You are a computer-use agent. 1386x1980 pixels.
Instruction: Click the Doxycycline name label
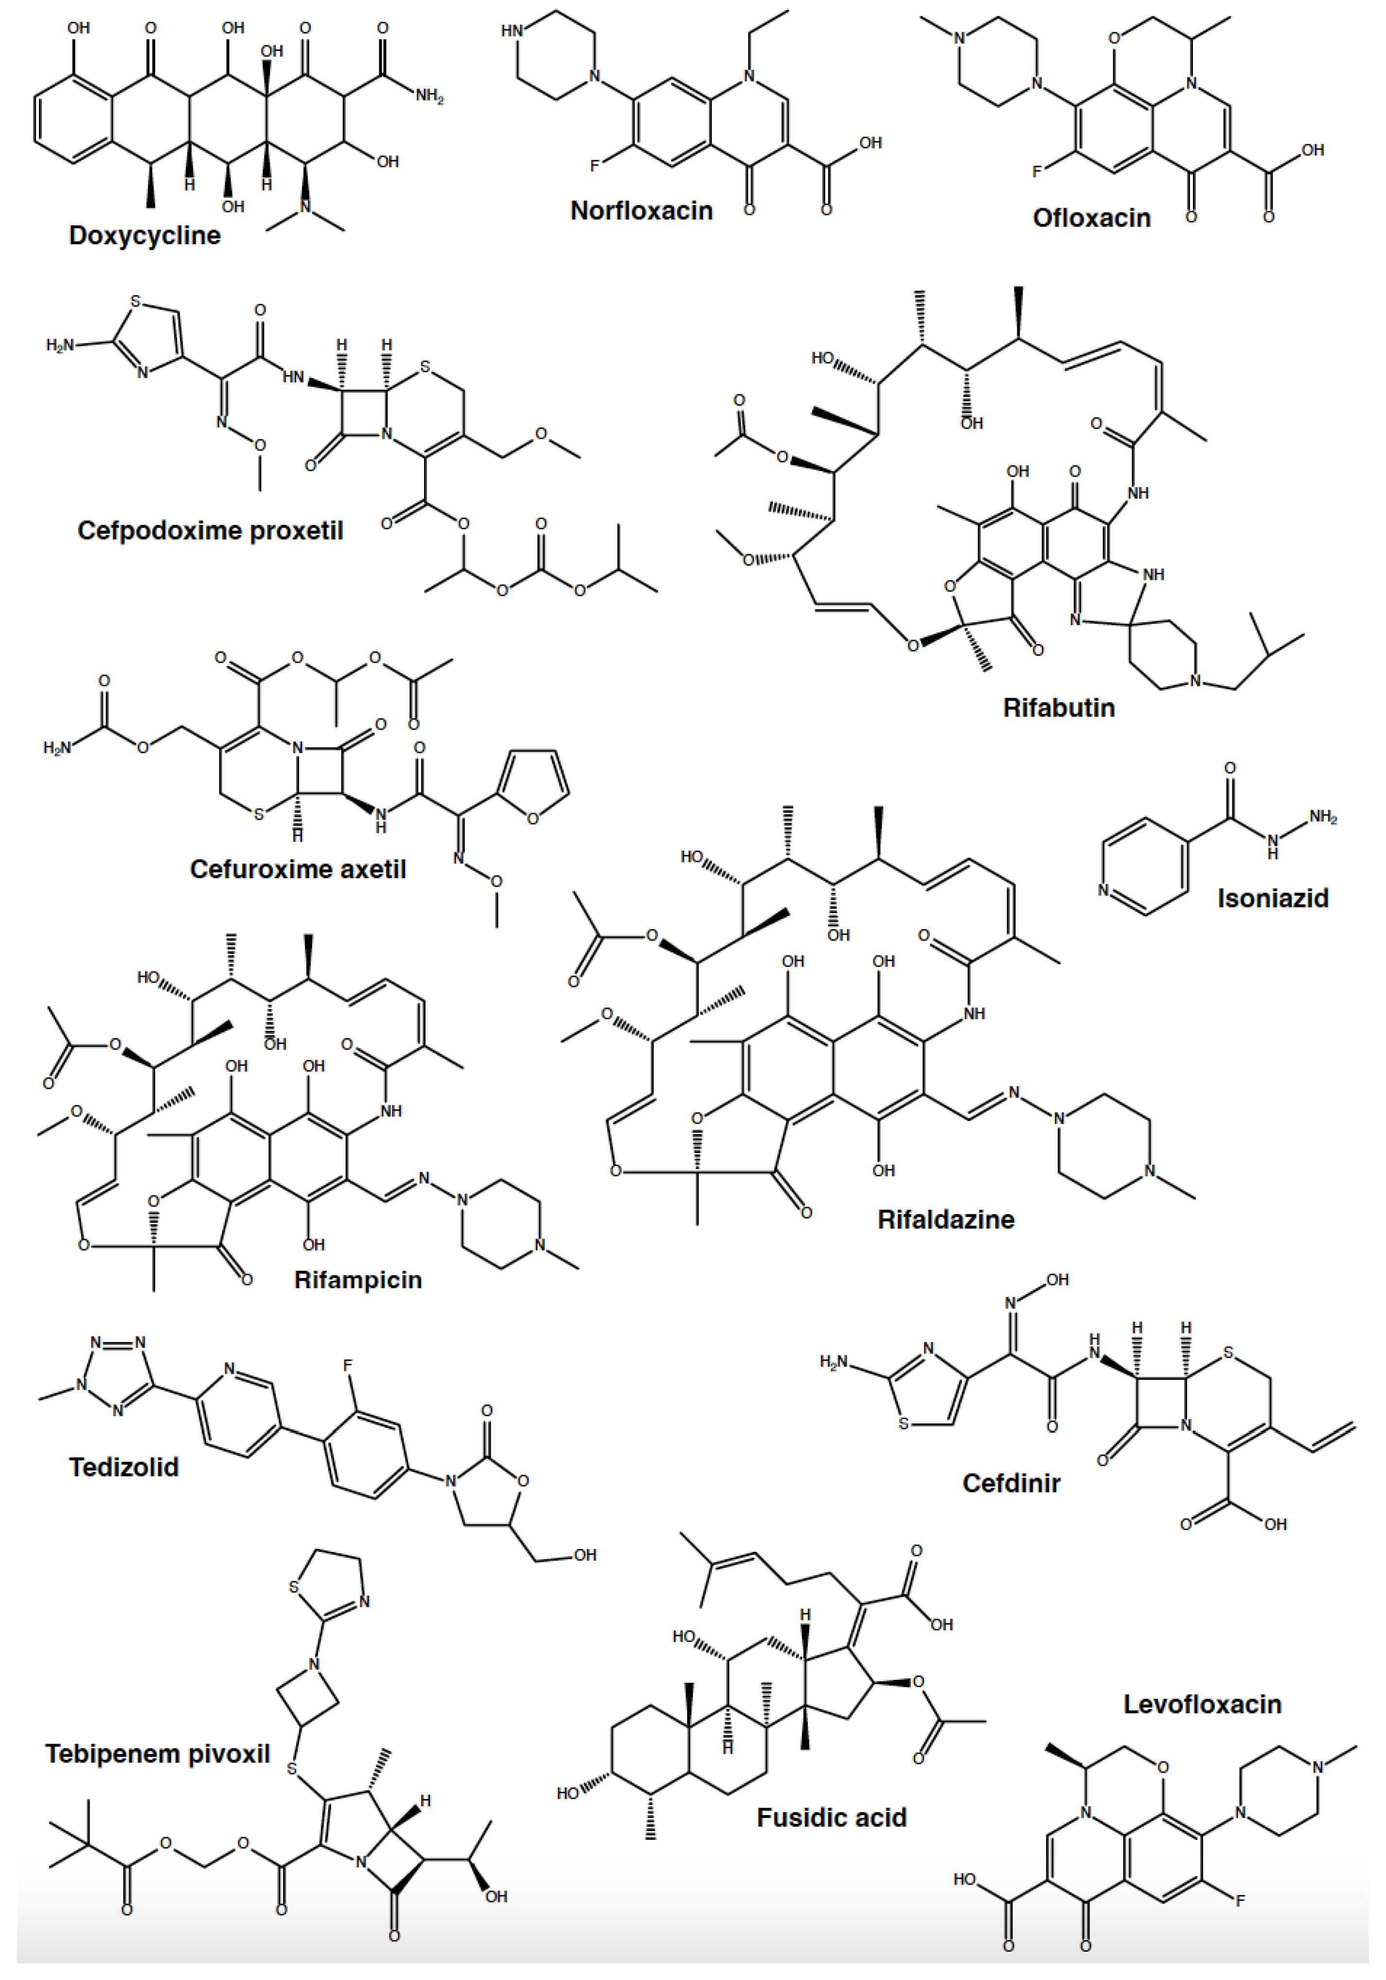pos(145,235)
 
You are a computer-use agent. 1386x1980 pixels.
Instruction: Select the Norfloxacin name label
pos(641,211)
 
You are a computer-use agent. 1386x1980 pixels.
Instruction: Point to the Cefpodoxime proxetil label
pos(210,529)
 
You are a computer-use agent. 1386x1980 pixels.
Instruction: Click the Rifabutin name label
pos(1058,707)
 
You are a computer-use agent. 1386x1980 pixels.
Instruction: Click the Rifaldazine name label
pos(945,1220)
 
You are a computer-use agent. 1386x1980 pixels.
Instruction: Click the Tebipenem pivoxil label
pos(158,1754)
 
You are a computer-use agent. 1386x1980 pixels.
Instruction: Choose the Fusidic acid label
pos(831,1818)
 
